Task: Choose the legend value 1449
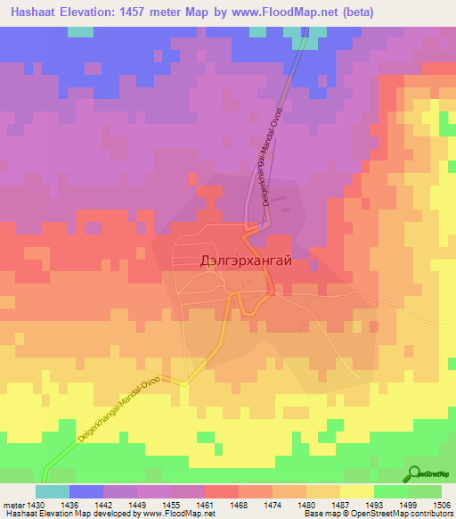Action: [x=138, y=503]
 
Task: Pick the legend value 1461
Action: [x=206, y=503]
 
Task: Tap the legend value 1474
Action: [x=273, y=503]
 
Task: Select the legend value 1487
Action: [x=341, y=503]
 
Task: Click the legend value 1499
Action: [x=408, y=503]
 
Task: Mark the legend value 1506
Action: [x=441, y=503]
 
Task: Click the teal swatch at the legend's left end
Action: [x=53, y=490]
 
